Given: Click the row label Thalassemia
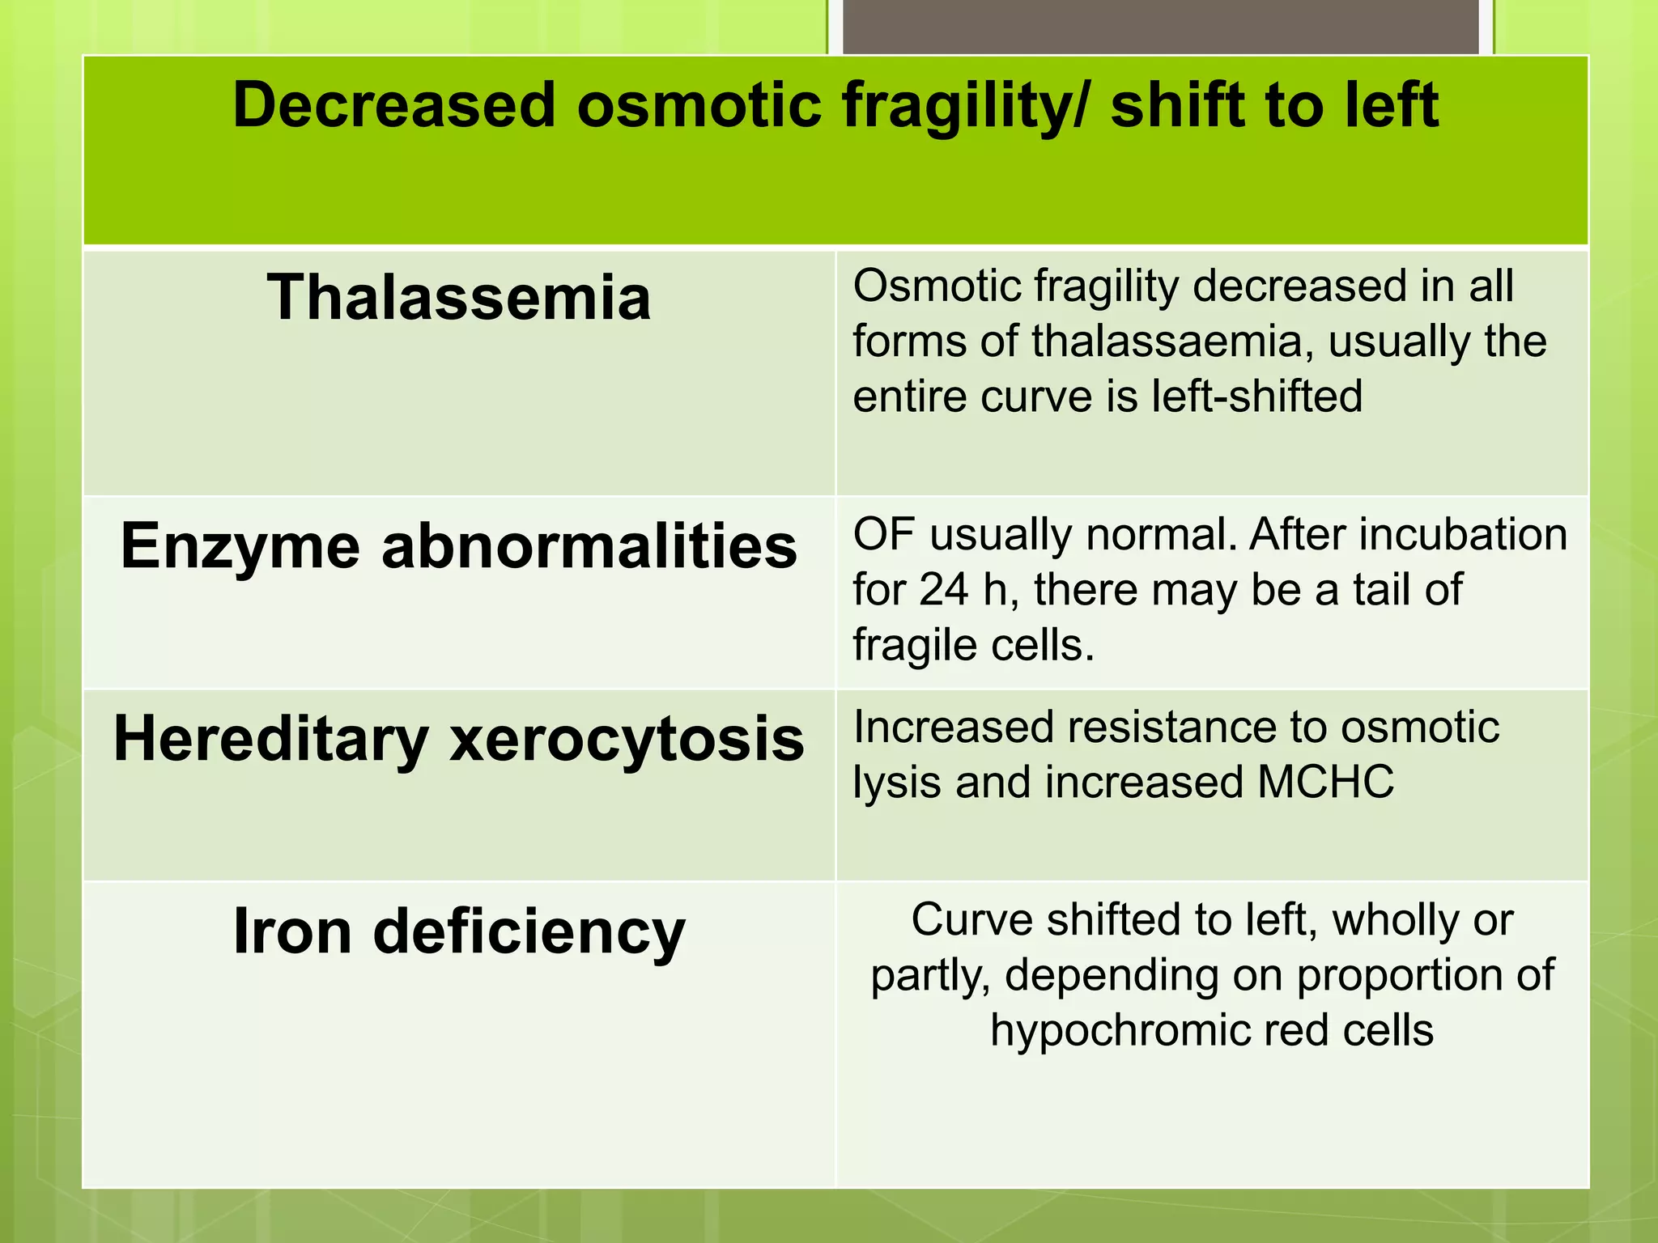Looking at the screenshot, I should [x=458, y=298].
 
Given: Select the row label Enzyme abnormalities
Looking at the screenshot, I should [x=458, y=546].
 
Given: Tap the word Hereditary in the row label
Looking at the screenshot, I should [x=271, y=740].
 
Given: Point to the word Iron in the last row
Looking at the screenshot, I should [x=292, y=931].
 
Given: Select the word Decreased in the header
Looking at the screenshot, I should [x=393, y=105].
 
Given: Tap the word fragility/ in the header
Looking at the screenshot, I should [x=966, y=105].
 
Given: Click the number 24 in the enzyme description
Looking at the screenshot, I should [x=943, y=589].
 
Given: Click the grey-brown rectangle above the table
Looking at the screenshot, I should [x=1160, y=26].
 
